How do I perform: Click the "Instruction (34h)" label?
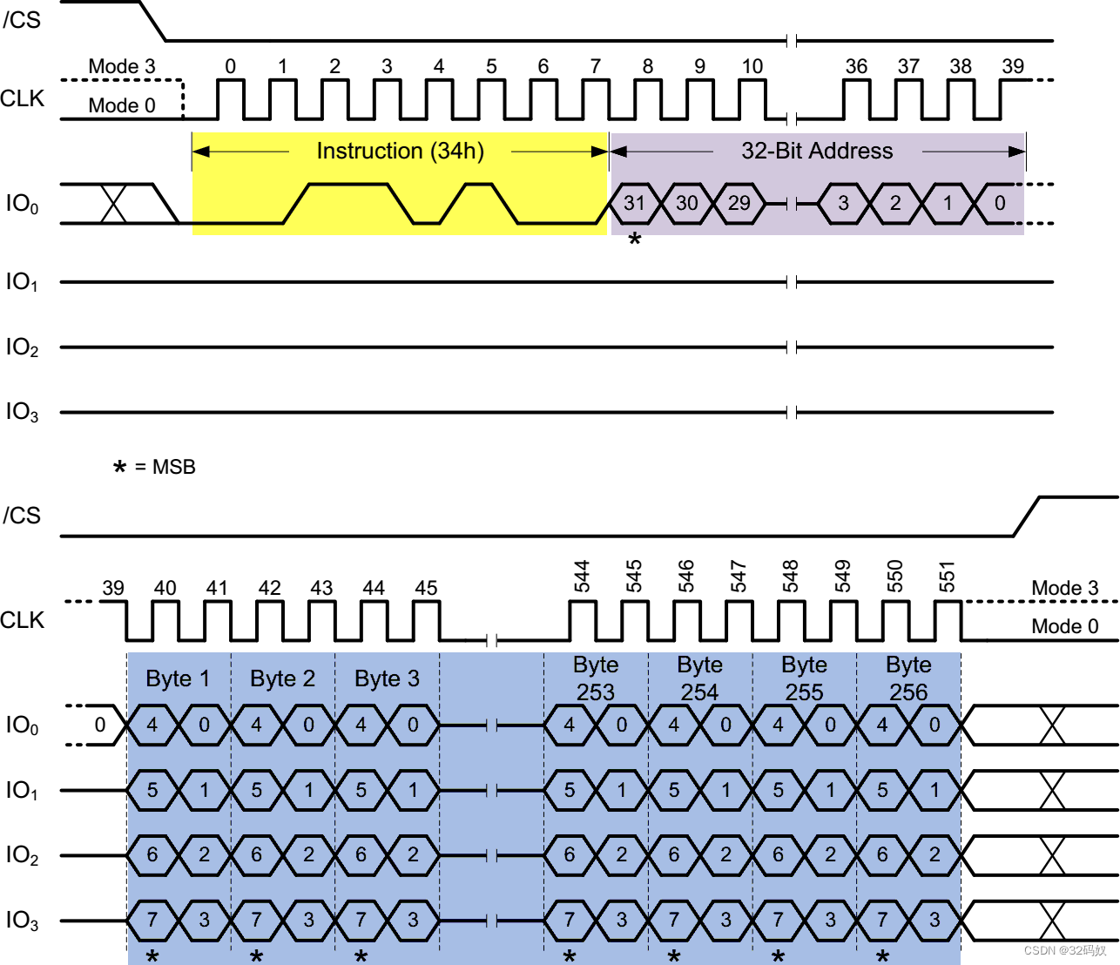[400, 151]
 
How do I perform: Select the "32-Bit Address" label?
[817, 151]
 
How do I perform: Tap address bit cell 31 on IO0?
[635, 203]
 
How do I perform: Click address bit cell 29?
[739, 203]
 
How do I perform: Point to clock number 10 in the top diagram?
[752, 66]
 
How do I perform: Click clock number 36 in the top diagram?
[856, 66]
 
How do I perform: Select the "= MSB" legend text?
[165, 467]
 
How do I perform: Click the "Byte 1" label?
[178, 678]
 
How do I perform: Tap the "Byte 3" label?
[387, 678]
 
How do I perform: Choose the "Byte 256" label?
[908, 678]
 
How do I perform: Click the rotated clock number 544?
[582, 577]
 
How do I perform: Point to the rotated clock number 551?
[948, 577]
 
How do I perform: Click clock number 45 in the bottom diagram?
[426, 588]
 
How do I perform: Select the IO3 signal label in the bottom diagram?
[22, 920]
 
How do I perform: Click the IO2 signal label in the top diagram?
[22, 347]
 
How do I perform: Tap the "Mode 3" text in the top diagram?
[122, 66]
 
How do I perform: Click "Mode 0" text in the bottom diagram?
[1064, 626]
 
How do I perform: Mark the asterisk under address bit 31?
[635, 239]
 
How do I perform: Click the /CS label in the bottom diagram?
[22, 516]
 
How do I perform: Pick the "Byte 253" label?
[596, 678]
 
